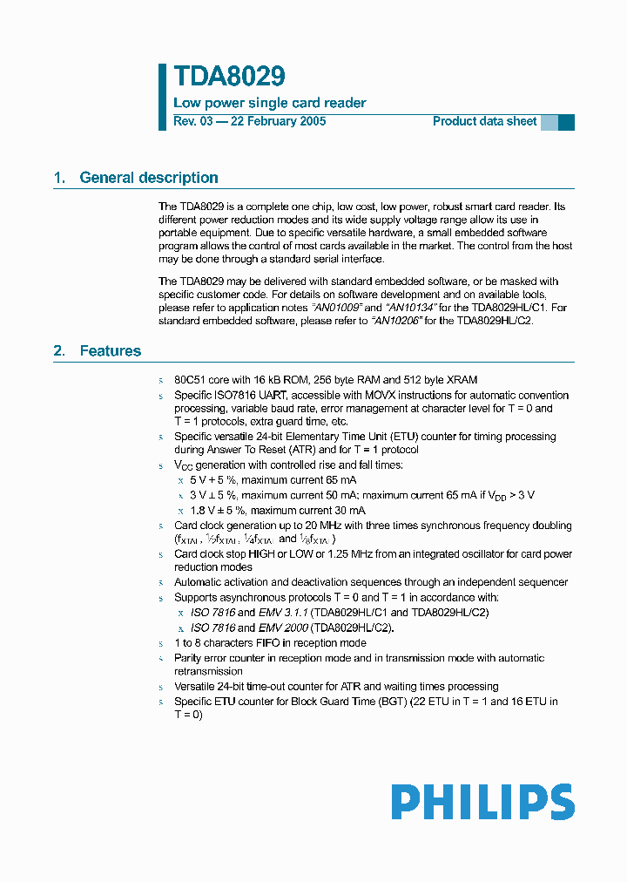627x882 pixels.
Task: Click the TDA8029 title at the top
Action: point(229,77)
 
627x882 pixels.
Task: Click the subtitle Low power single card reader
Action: point(270,103)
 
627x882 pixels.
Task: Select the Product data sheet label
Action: point(484,121)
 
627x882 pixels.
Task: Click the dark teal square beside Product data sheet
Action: point(566,122)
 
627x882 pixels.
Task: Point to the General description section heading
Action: point(148,178)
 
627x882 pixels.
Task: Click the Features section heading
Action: point(110,351)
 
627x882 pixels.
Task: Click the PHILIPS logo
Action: point(482,802)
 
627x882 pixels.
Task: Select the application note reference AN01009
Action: point(337,309)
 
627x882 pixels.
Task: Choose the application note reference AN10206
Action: point(396,321)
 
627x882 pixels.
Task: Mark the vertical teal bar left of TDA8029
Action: point(162,96)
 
